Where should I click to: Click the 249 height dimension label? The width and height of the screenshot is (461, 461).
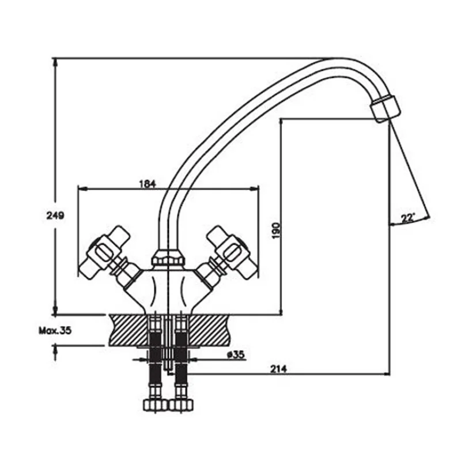55,216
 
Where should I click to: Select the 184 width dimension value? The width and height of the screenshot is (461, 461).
147,184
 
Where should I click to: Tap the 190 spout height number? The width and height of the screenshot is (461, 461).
276,231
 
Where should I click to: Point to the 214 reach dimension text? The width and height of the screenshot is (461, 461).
278,369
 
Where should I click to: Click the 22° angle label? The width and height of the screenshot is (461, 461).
408,218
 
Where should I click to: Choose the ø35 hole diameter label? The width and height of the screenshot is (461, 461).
236,355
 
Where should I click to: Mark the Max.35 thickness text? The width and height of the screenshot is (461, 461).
55,330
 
